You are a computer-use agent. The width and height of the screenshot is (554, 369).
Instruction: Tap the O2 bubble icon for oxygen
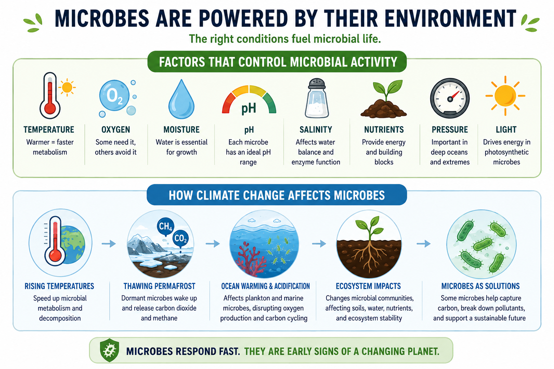(114, 95)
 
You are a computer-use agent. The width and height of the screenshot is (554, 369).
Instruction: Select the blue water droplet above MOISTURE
(181, 99)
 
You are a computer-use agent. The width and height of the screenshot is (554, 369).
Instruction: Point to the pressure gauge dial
(450, 98)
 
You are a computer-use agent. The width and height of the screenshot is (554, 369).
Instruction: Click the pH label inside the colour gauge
(249, 108)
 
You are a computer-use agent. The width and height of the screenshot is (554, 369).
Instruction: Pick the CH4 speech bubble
(166, 226)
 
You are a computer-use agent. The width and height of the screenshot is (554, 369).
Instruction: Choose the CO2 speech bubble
(181, 239)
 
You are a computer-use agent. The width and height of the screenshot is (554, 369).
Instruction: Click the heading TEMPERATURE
(49, 129)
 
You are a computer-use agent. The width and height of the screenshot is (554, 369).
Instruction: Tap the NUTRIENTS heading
(384, 129)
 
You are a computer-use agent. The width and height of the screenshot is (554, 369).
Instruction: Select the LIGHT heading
(506, 129)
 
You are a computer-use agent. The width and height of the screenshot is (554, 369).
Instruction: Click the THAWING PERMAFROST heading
(159, 286)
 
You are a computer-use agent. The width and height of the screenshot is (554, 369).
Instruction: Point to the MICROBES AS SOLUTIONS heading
(480, 286)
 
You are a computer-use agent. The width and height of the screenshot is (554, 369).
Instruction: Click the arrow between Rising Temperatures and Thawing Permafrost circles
(109, 244)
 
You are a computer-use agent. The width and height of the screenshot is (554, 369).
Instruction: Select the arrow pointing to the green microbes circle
(424, 244)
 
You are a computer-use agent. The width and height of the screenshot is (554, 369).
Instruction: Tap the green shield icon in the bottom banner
(109, 350)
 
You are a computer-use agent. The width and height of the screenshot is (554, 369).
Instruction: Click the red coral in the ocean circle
(250, 259)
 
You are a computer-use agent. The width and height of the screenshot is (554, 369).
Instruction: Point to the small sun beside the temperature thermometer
(67, 87)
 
